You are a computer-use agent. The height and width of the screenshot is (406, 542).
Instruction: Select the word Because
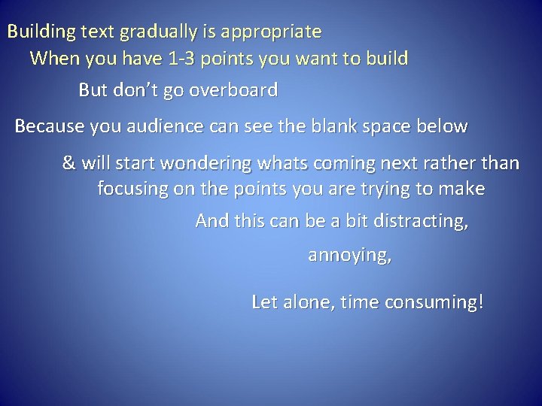[x=49, y=126]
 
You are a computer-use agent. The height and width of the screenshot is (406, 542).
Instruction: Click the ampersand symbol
[x=69, y=163]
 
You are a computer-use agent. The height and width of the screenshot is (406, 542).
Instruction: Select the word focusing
[x=132, y=189]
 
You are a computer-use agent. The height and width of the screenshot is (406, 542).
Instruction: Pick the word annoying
[x=349, y=256]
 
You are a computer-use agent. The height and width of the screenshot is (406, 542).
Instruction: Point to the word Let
[x=263, y=302]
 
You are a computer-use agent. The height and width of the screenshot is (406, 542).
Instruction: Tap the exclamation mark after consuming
[x=480, y=302]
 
